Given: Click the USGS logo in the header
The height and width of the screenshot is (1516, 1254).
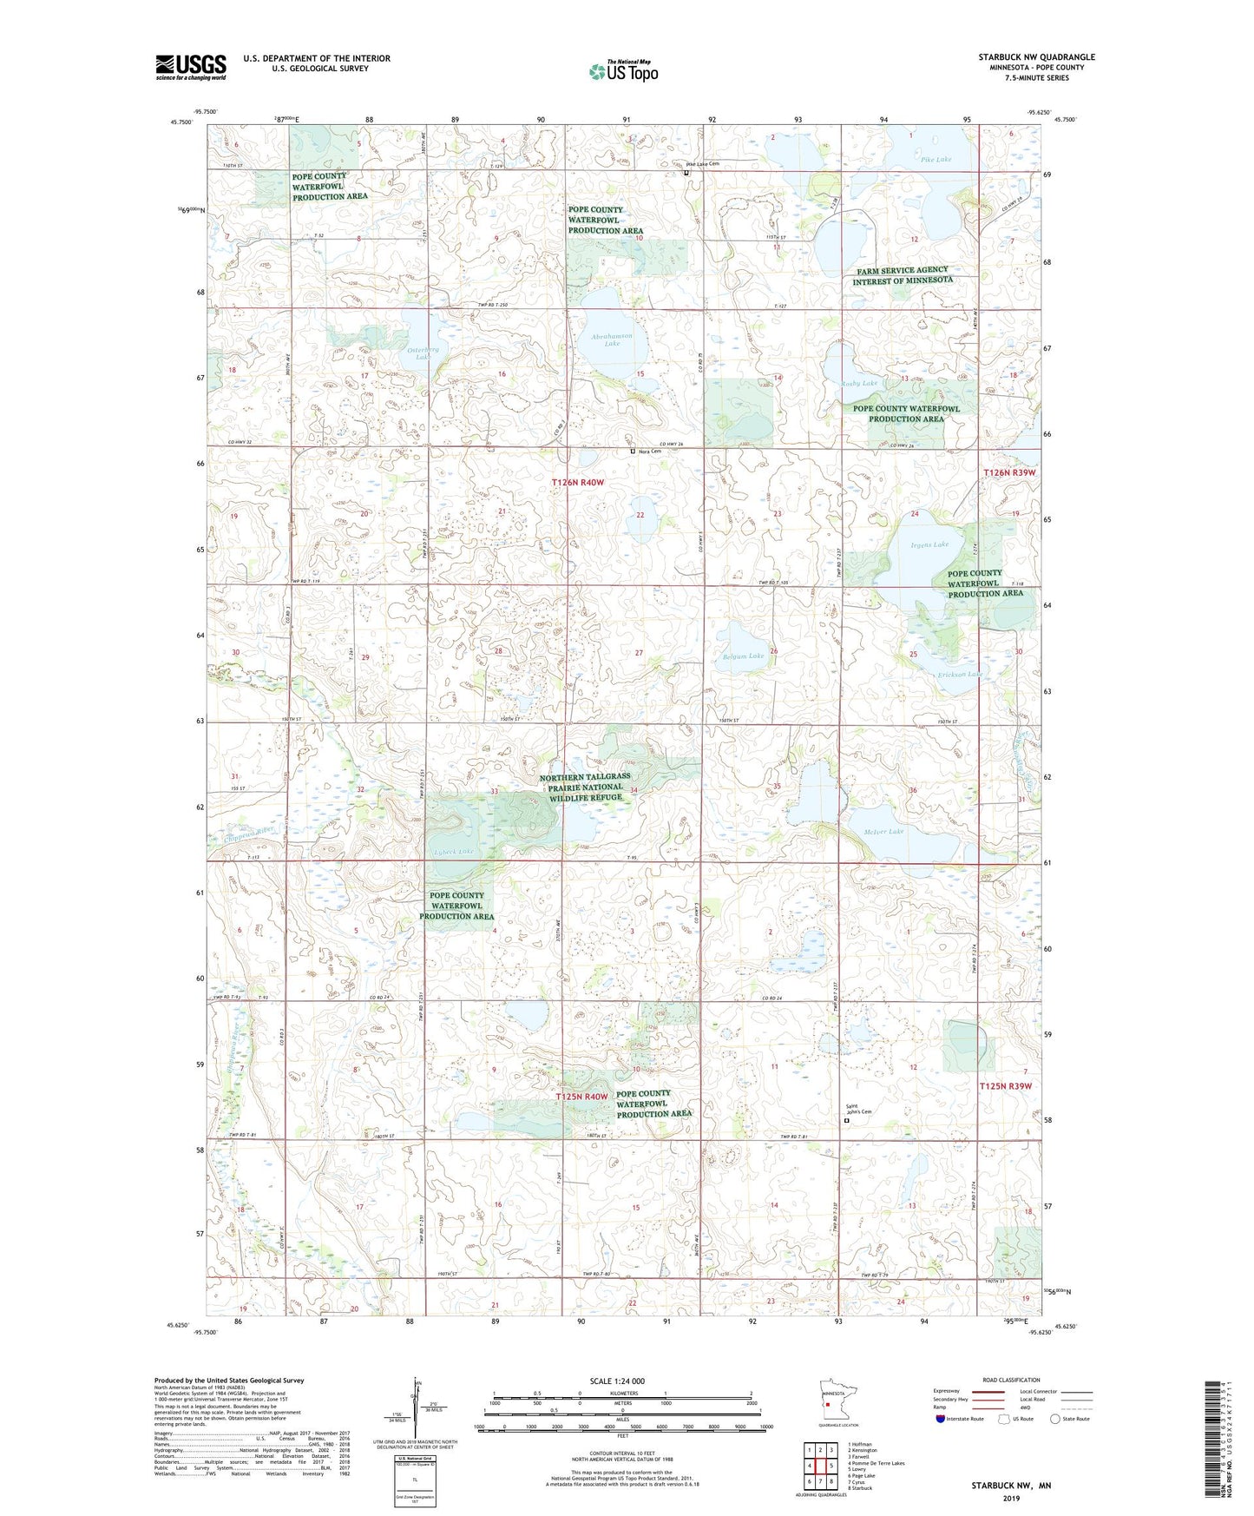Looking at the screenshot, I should (190, 67).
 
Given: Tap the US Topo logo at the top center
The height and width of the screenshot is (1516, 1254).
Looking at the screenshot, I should (623, 71).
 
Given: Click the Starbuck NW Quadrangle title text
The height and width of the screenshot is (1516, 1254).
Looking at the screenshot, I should (1036, 57).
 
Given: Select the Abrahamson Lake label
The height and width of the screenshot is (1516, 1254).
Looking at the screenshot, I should (612, 339).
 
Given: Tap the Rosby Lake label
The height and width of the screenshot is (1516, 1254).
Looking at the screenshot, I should (859, 383).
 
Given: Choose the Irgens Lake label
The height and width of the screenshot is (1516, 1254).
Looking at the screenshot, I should (929, 545).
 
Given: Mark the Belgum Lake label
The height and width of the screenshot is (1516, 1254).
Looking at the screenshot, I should (743, 656).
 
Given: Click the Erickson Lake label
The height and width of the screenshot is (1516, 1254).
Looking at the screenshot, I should (960, 675).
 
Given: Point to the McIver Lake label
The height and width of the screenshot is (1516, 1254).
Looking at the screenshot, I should (883, 832).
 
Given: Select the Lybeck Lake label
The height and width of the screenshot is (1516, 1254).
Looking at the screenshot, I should (454, 852).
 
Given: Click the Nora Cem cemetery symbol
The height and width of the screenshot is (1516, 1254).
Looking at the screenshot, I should (633, 452).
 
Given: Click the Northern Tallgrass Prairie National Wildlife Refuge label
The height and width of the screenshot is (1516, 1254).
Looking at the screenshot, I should (584, 787).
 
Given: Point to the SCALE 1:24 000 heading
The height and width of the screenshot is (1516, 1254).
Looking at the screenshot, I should (617, 1381).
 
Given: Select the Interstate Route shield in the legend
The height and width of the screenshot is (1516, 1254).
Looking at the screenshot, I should (941, 1419).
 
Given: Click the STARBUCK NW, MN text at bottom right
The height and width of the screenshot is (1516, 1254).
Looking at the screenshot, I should (1010, 1486).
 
